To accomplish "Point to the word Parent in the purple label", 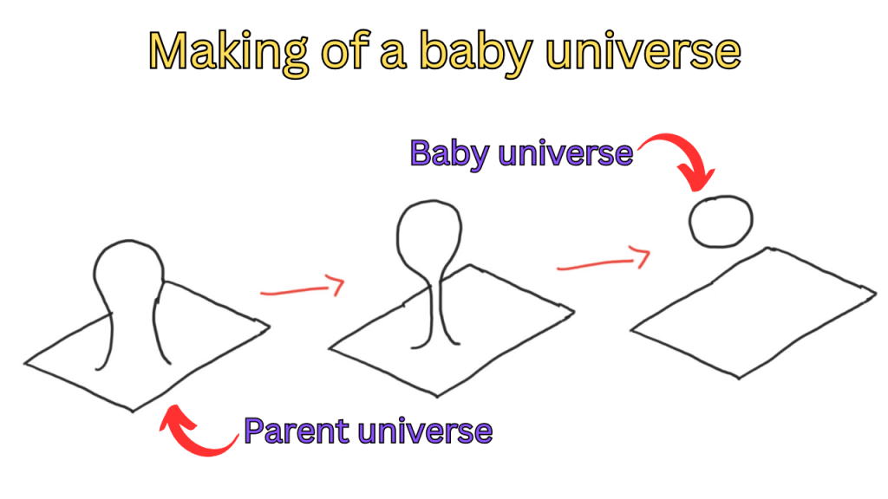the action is (297, 431).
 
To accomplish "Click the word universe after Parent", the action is (425, 431).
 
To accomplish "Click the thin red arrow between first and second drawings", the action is (303, 289).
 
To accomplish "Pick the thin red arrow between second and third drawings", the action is (604, 262).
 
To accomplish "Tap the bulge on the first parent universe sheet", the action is (129, 242).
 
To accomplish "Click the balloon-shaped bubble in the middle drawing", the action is (429, 201).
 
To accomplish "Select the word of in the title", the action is (345, 52).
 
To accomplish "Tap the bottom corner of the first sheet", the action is (133, 411).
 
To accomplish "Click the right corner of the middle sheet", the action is (574, 311).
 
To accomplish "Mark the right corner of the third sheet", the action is (876, 293).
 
